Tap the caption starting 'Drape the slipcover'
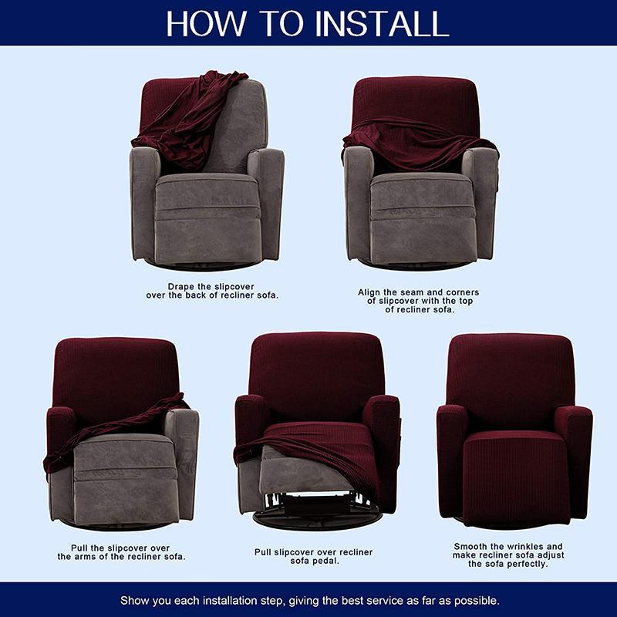[x=212, y=291]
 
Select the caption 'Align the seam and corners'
[x=419, y=301]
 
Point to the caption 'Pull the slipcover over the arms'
[x=121, y=551]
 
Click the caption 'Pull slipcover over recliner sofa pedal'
[x=314, y=557]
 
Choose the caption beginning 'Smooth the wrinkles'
[x=508, y=555]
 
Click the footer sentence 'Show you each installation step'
[x=308, y=600]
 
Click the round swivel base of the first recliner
[x=206, y=265]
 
